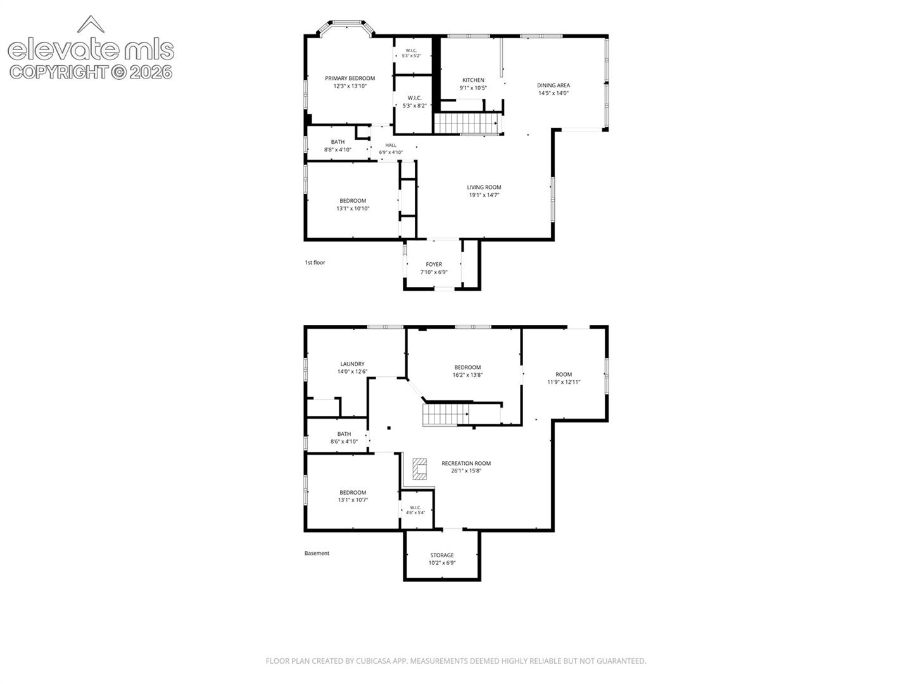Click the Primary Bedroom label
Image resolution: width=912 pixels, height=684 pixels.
click(350, 78)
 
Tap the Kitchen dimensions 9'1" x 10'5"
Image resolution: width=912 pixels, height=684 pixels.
click(473, 87)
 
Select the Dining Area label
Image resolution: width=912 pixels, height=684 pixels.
click(553, 85)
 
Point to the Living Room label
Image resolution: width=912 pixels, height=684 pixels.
click(484, 187)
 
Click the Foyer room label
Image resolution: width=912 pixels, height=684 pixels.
click(434, 264)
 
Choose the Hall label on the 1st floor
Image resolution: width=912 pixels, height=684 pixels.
click(391, 146)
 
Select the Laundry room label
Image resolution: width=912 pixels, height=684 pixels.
click(352, 364)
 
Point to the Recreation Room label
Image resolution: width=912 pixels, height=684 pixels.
click(465, 463)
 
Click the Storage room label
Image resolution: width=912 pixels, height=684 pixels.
click(441, 555)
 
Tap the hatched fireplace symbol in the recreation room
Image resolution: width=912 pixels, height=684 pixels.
click(419, 469)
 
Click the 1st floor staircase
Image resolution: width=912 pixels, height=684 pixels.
click(467, 123)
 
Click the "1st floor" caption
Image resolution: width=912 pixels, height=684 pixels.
click(315, 262)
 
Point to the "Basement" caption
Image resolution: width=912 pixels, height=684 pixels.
click(317, 553)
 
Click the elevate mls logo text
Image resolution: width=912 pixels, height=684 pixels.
click(91, 50)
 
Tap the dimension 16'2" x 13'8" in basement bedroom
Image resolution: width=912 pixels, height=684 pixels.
click(467, 374)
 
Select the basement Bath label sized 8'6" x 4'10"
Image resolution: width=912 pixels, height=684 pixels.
click(344, 438)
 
